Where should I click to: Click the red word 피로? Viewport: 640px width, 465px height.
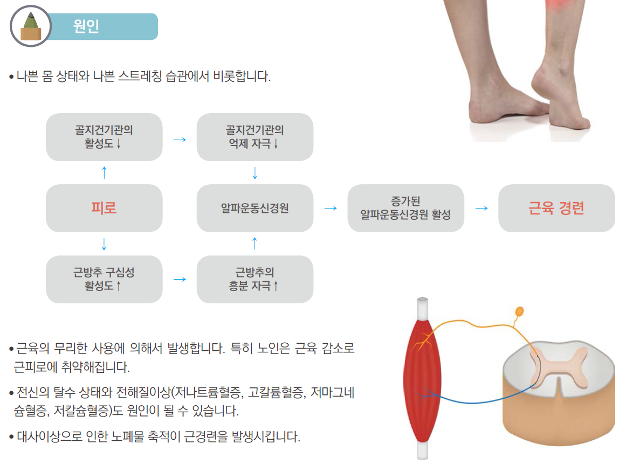coord(104,209)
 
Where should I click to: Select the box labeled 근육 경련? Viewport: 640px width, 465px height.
coord(556,209)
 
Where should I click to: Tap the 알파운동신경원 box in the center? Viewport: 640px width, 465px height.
coord(254,209)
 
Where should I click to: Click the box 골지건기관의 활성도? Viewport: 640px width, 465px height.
coord(104,137)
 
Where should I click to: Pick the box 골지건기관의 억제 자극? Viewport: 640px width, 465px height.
coord(254,137)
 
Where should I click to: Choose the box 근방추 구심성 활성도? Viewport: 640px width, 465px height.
coord(104,279)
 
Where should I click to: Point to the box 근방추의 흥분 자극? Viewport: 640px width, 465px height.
coord(254,279)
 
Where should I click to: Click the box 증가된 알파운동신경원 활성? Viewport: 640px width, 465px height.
coord(405,209)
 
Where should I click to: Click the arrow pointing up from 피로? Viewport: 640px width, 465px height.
coord(104,172)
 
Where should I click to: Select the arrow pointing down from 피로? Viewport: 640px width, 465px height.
coord(104,244)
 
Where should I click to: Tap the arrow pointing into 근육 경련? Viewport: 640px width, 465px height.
coord(481,208)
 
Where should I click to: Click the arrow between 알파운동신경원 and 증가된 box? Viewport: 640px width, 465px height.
coord(330,208)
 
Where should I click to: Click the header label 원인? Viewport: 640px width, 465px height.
coord(86,26)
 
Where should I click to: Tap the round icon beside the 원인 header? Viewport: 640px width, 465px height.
coord(30,26)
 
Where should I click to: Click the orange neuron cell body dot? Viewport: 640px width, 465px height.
coord(519,311)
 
